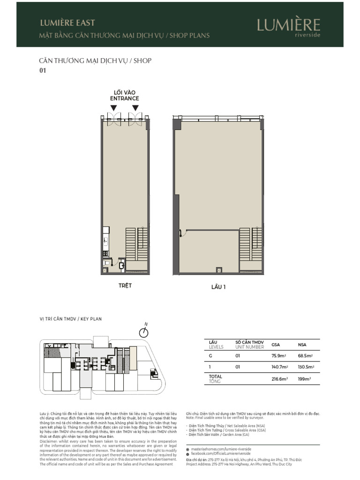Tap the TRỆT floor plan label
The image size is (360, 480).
(125, 285)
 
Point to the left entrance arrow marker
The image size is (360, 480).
(114, 108)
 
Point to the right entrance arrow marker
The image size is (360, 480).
(135, 108)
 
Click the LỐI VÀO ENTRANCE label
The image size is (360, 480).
(125, 96)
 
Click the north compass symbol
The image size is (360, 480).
(144, 332)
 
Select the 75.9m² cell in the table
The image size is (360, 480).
(278, 356)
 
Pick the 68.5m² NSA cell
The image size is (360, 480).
(305, 356)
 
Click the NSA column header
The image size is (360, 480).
(302, 345)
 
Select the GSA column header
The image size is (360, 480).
(276, 345)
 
